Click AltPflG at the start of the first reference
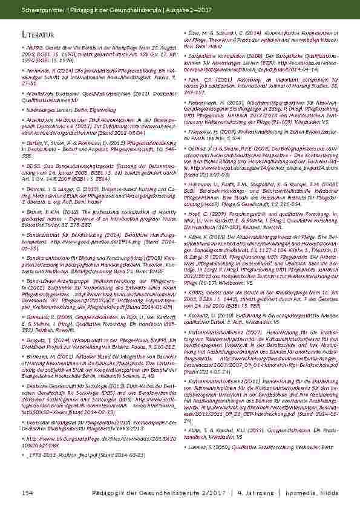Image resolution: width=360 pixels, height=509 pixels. pyautogui.click(x=34, y=45)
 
